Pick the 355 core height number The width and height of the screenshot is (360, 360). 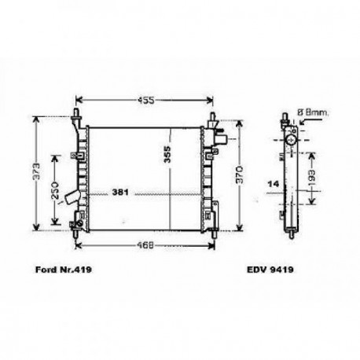[167, 156]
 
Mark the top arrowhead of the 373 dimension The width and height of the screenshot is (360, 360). [35, 124]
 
